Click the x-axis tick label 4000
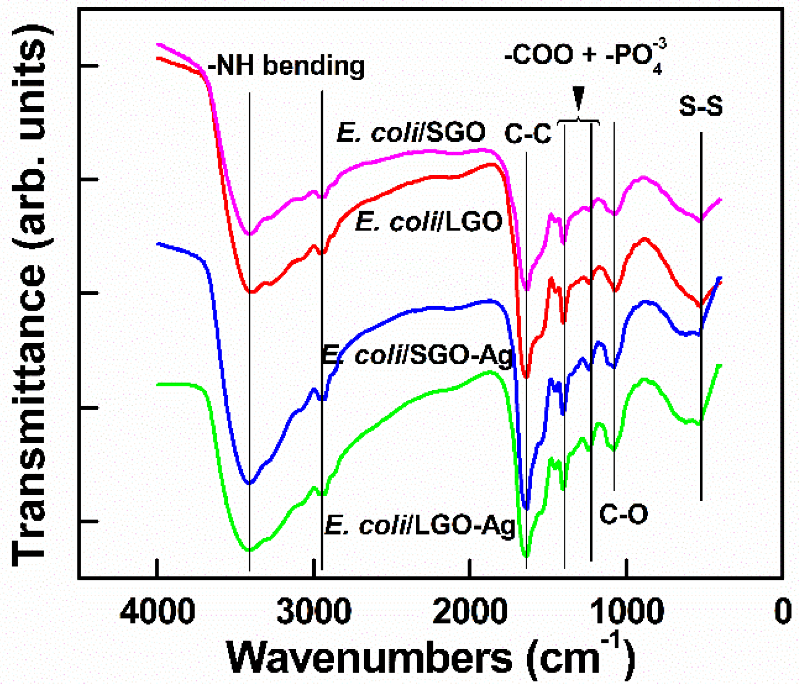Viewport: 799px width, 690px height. [157, 612]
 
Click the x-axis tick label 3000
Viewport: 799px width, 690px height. [313, 612]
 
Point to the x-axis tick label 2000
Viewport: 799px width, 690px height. [470, 612]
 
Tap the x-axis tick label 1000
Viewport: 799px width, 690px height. [626, 612]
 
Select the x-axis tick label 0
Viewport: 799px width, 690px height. [783, 612]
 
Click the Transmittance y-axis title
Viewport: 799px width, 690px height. [29, 294]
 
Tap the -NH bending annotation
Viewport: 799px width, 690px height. [286, 66]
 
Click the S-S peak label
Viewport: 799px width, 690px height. [701, 107]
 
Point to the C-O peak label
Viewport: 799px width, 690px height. [623, 514]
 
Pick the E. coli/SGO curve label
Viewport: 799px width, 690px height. [411, 133]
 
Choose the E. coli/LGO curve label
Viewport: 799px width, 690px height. [429, 222]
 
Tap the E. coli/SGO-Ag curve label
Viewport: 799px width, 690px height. [417, 355]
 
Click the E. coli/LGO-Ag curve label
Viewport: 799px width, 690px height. [420, 525]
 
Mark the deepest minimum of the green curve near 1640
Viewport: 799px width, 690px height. [526, 555]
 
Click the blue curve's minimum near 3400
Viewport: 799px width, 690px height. [249, 483]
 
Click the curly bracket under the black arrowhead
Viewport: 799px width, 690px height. [578, 121]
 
